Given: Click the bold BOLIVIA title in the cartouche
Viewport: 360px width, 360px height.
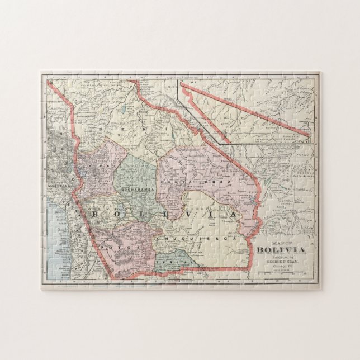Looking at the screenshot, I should coord(281,250).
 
